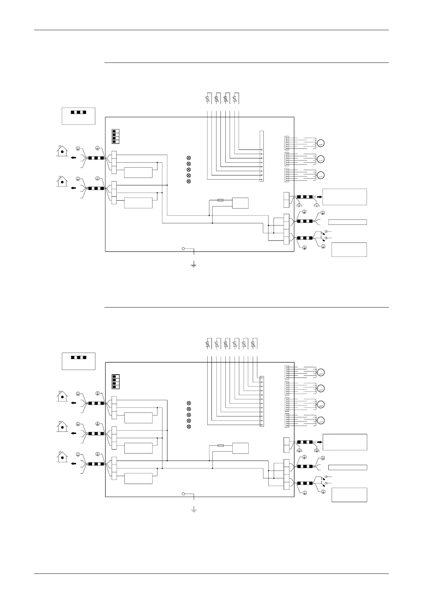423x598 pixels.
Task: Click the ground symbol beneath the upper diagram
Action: (x=194, y=265)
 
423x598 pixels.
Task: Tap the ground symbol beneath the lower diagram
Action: (x=194, y=510)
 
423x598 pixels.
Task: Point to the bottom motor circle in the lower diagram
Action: (x=321, y=420)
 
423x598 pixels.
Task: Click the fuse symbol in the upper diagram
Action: (x=220, y=201)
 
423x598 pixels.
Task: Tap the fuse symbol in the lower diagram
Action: (x=220, y=445)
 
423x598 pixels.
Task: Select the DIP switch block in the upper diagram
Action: (x=115, y=136)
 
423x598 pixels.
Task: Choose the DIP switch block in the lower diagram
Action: (x=115, y=381)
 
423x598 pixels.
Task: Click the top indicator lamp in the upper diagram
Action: (x=189, y=158)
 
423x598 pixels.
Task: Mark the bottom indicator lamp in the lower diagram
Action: (x=189, y=426)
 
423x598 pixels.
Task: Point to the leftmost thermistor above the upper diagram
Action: (x=207, y=98)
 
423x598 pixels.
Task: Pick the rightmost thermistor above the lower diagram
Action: (x=253, y=344)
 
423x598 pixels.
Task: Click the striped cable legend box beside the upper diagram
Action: (x=79, y=115)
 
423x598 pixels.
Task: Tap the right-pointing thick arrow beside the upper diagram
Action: (x=319, y=196)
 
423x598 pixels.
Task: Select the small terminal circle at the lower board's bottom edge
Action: (x=183, y=494)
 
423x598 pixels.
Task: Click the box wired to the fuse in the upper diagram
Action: (x=240, y=203)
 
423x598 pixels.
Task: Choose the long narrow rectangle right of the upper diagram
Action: (x=347, y=222)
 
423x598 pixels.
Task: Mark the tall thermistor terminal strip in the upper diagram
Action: (x=262, y=156)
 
